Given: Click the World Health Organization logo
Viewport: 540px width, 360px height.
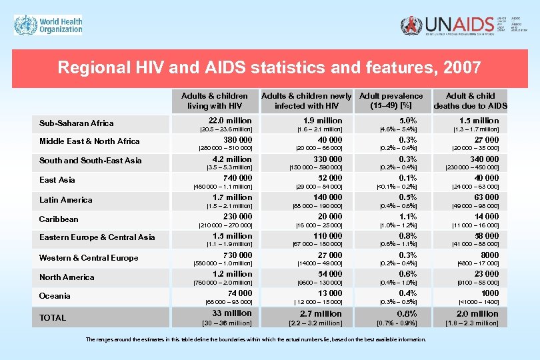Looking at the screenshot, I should pos(49,26).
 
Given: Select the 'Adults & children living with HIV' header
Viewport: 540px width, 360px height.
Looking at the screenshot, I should pos(213,101).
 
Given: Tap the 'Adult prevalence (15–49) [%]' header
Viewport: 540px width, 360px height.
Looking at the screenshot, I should pos(391,101).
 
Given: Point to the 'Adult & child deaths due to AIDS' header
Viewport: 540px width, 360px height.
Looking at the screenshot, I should pos(470,101).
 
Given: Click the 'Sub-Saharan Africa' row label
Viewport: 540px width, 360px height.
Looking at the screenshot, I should pos(76,123).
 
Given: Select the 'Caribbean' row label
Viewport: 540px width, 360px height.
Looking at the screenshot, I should pos(59,219).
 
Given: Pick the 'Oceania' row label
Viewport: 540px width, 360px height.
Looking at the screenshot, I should pos(55,295).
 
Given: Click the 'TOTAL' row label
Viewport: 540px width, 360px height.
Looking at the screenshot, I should pos(53,318).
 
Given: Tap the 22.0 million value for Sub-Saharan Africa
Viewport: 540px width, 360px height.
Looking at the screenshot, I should pos(231,121).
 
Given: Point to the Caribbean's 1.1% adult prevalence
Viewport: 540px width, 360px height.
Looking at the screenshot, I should pos(407,217).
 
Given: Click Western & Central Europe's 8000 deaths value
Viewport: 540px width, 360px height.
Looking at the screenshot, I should pos(489,255).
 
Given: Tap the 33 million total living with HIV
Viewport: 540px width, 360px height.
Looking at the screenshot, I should pos(231,313).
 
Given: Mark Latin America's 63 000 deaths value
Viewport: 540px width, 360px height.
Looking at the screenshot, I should pos(486,197).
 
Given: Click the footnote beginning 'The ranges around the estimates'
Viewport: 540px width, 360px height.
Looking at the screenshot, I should pos(256,339).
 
